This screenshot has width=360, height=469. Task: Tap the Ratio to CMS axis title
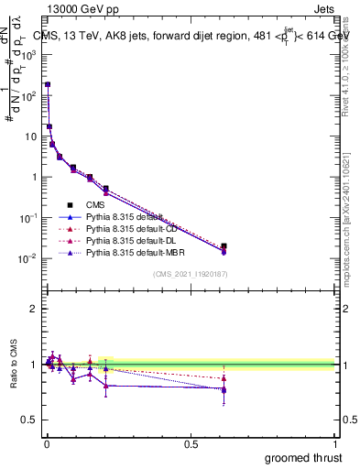14,365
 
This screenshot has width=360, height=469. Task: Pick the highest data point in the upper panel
48,84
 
